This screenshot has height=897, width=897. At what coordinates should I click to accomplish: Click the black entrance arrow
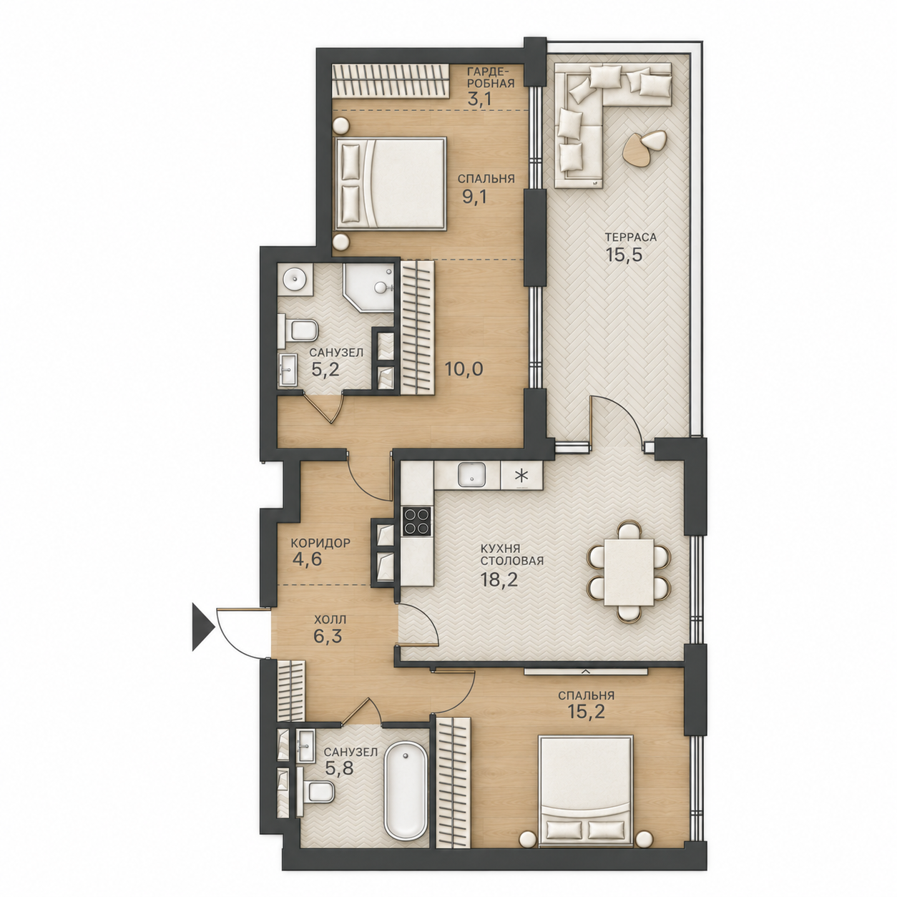202,626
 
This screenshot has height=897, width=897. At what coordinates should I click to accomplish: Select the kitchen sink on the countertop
472,475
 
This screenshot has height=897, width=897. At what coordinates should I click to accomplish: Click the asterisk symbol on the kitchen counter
521,476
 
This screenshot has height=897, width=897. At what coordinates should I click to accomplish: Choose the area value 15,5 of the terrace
624,255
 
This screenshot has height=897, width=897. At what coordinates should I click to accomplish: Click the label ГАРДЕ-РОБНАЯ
491,77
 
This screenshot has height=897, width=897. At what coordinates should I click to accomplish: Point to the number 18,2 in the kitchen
499,580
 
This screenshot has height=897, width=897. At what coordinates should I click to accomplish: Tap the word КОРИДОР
320,543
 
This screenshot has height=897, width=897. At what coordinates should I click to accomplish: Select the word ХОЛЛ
330,619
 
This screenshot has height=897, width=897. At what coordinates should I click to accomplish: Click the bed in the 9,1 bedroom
390,183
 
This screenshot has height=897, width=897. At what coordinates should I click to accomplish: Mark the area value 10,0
464,369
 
